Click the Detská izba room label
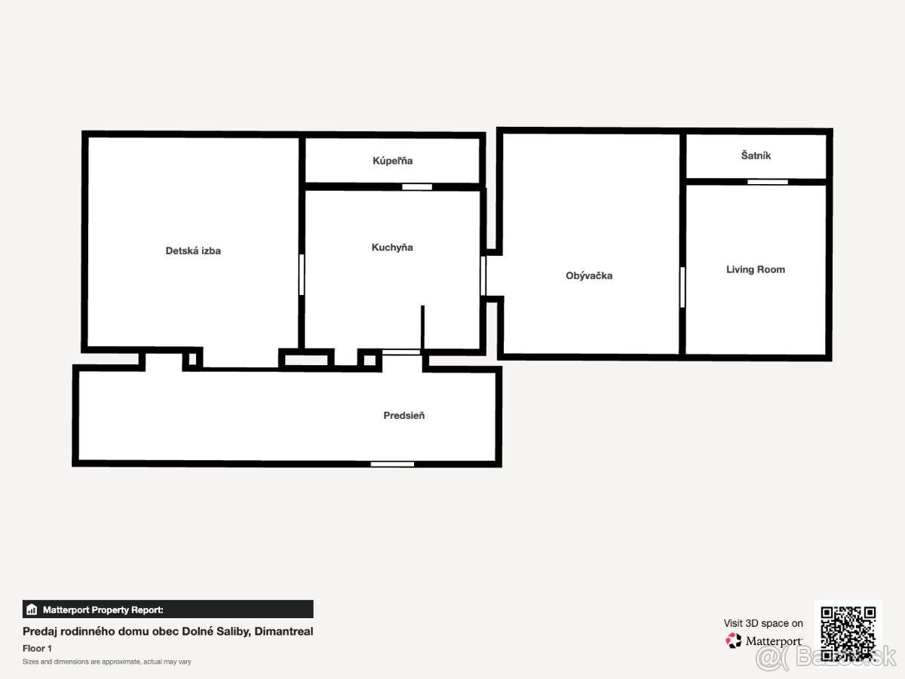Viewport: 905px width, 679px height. pyautogui.click(x=193, y=250)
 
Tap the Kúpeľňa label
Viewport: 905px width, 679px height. pyautogui.click(x=392, y=161)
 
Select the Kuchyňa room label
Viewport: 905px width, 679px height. pyautogui.click(x=392, y=247)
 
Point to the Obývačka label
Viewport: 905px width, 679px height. pyautogui.click(x=589, y=275)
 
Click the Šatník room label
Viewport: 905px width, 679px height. pyautogui.click(x=756, y=155)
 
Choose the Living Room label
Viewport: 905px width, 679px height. pyautogui.click(x=756, y=269)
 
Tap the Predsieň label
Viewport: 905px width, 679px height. pyautogui.click(x=403, y=415)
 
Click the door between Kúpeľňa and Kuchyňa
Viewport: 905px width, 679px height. pyautogui.click(x=417, y=187)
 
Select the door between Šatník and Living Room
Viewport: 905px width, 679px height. pyautogui.click(x=768, y=182)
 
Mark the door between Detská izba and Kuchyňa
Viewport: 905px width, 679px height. pyautogui.click(x=302, y=275)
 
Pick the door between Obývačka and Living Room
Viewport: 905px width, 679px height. pyautogui.click(x=683, y=287)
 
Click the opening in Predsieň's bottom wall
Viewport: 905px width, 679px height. pyautogui.click(x=392, y=464)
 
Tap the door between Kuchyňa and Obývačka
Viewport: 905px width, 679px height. pyautogui.click(x=483, y=276)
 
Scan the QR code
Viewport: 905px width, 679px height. pyautogui.click(x=848, y=634)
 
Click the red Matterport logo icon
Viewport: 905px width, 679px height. pyautogui.click(x=733, y=641)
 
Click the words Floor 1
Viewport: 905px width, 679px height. pyautogui.click(x=37, y=649)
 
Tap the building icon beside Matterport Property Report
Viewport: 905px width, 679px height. pyautogui.click(x=32, y=610)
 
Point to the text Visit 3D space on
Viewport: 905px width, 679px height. pyautogui.click(x=763, y=623)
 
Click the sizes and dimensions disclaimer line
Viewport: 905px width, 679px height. pyautogui.click(x=107, y=662)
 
